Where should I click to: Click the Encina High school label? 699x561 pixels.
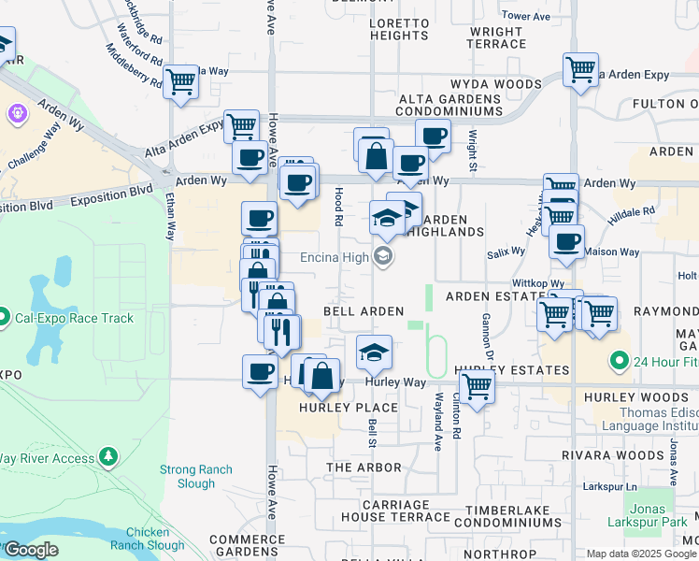[x=335, y=256]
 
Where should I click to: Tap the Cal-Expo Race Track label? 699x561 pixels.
[x=74, y=318]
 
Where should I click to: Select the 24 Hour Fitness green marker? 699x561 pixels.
[x=618, y=360]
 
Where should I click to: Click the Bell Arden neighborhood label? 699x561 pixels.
[x=364, y=310]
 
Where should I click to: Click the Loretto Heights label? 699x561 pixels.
[x=398, y=29]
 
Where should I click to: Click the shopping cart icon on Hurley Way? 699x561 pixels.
[x=477, y=384]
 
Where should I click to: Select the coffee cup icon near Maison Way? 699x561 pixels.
[x=566, y=242]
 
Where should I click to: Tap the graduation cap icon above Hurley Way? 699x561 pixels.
[x=374, y=353]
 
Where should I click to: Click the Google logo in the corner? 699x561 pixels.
[x=30, y=550]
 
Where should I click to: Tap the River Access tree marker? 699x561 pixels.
[x=109, y=456]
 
